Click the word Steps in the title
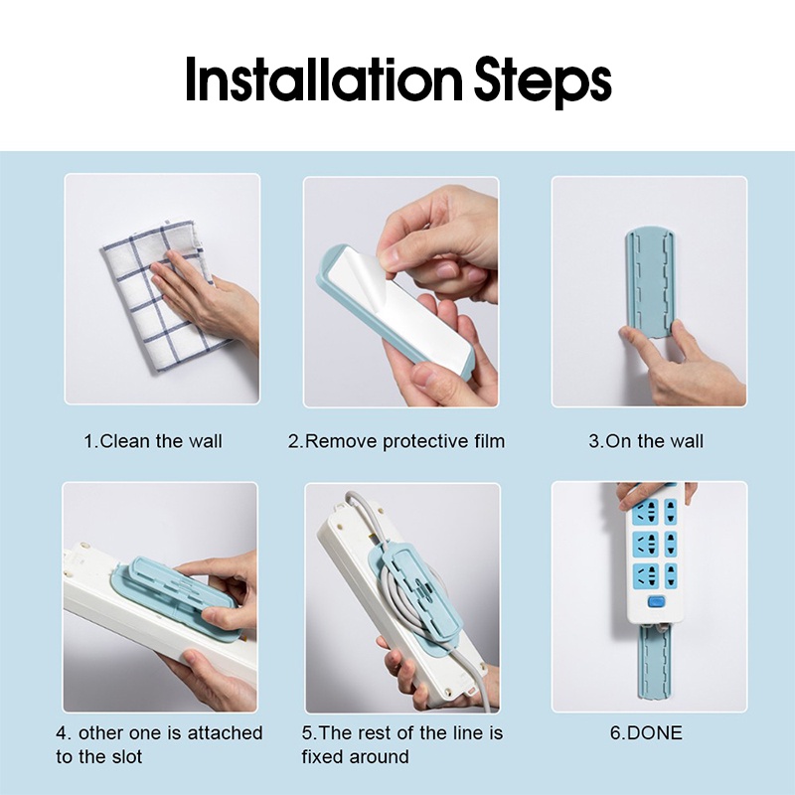click(543, 81)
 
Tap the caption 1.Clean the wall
click(153, 441)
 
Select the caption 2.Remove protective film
click(397, 441)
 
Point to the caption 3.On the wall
click(646, 441)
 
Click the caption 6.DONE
click(646, 732)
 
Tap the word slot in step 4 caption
click(126, 756)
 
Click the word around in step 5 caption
click(380, 756)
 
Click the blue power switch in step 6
click(656, 602)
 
